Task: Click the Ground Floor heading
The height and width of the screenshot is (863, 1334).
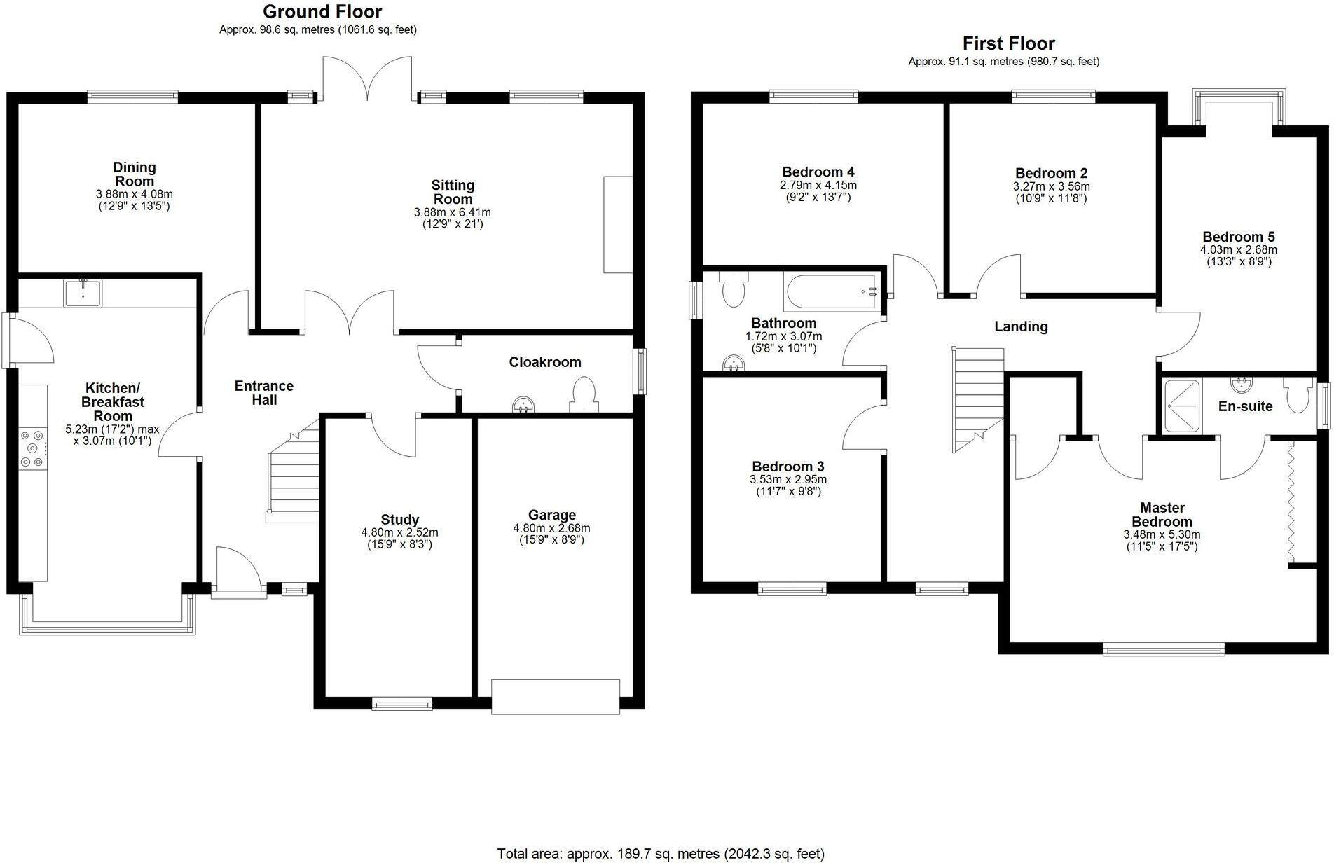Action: click(322, 12)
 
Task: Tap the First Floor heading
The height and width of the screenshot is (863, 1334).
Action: click(1008, 43)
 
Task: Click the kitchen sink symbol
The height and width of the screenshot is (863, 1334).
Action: click(83, 293)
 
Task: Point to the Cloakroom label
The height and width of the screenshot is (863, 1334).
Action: click(544, 362)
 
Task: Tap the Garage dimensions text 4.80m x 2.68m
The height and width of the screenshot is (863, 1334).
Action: click(551, 528)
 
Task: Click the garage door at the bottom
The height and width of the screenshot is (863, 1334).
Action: click(555, 696)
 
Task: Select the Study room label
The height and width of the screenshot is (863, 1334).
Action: click(399, 519)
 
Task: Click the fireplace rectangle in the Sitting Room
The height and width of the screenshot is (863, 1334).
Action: click(617, 224)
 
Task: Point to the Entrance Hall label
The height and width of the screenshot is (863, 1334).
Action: click(263, 393)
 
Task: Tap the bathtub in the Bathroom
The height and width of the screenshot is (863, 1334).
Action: click(831, 293)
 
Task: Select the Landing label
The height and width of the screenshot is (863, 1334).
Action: click(1021, 326)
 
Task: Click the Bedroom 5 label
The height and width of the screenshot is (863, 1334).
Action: click(1238, 237)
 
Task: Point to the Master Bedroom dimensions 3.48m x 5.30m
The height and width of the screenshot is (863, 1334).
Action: click(1162, 534)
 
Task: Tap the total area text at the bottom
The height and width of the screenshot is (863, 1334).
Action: click(660, 854)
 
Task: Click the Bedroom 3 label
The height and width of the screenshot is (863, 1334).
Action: click(788, 467)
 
